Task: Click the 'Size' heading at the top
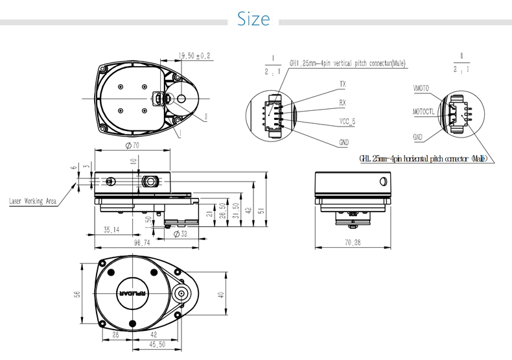253,19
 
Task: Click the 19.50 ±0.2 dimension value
194,56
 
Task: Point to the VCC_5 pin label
347,121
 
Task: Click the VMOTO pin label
421,88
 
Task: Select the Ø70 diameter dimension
132,145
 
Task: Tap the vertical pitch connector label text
347,64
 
